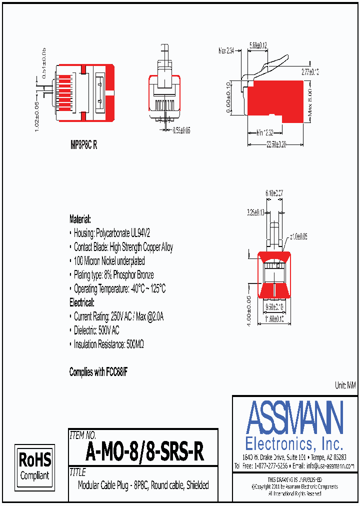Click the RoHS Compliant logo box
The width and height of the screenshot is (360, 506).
34,465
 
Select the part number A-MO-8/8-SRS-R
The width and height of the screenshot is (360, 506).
144,452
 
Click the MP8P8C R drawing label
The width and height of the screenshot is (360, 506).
83,146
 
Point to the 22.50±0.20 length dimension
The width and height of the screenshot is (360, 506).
275,144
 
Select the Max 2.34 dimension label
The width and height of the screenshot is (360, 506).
226,50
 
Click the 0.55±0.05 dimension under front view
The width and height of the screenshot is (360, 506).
181,130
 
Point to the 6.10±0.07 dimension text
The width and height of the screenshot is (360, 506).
274,192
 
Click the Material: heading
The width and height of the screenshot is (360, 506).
80,219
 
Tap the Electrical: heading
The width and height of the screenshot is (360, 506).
81,302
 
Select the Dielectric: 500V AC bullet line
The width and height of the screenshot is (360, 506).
96,330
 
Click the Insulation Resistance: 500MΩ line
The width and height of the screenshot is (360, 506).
108,344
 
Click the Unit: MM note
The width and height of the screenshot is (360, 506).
345,385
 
